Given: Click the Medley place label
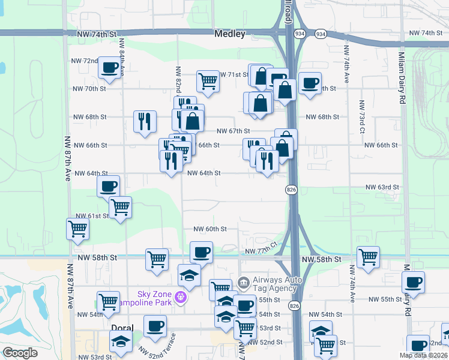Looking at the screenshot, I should [x=230, y=34].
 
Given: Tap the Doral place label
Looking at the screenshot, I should [x=122, y=328].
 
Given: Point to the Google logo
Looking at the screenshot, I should [x=20, y=353].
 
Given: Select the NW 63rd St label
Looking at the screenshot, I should [x=382, y=187].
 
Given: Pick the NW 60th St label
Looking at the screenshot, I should [x=210, y=229].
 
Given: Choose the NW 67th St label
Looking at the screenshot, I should [x=233, y=131].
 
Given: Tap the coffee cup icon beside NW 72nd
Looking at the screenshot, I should [x=109, y=68].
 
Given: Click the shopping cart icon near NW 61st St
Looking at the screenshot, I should [x=121, y=207].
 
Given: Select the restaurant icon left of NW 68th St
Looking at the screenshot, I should [x=145, y=121].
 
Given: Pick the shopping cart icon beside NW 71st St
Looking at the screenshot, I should [x=208, y=80].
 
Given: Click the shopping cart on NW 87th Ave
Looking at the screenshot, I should [x=78, y=229].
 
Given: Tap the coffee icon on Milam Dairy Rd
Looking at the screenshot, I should [x=414, y=281].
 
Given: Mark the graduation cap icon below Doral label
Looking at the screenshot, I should [x=121, y=341].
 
